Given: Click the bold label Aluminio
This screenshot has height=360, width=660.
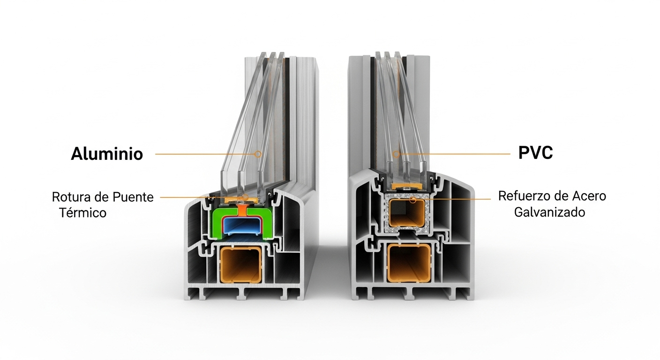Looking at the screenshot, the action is (x=107, y=154).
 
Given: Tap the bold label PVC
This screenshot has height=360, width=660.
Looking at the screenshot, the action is (x=535, y=153).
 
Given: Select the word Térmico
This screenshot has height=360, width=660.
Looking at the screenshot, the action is (x=83, y=212).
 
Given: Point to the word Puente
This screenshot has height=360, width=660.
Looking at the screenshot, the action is (x=134, y=197).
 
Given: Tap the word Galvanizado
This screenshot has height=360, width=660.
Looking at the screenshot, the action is (x=549, y=212).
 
